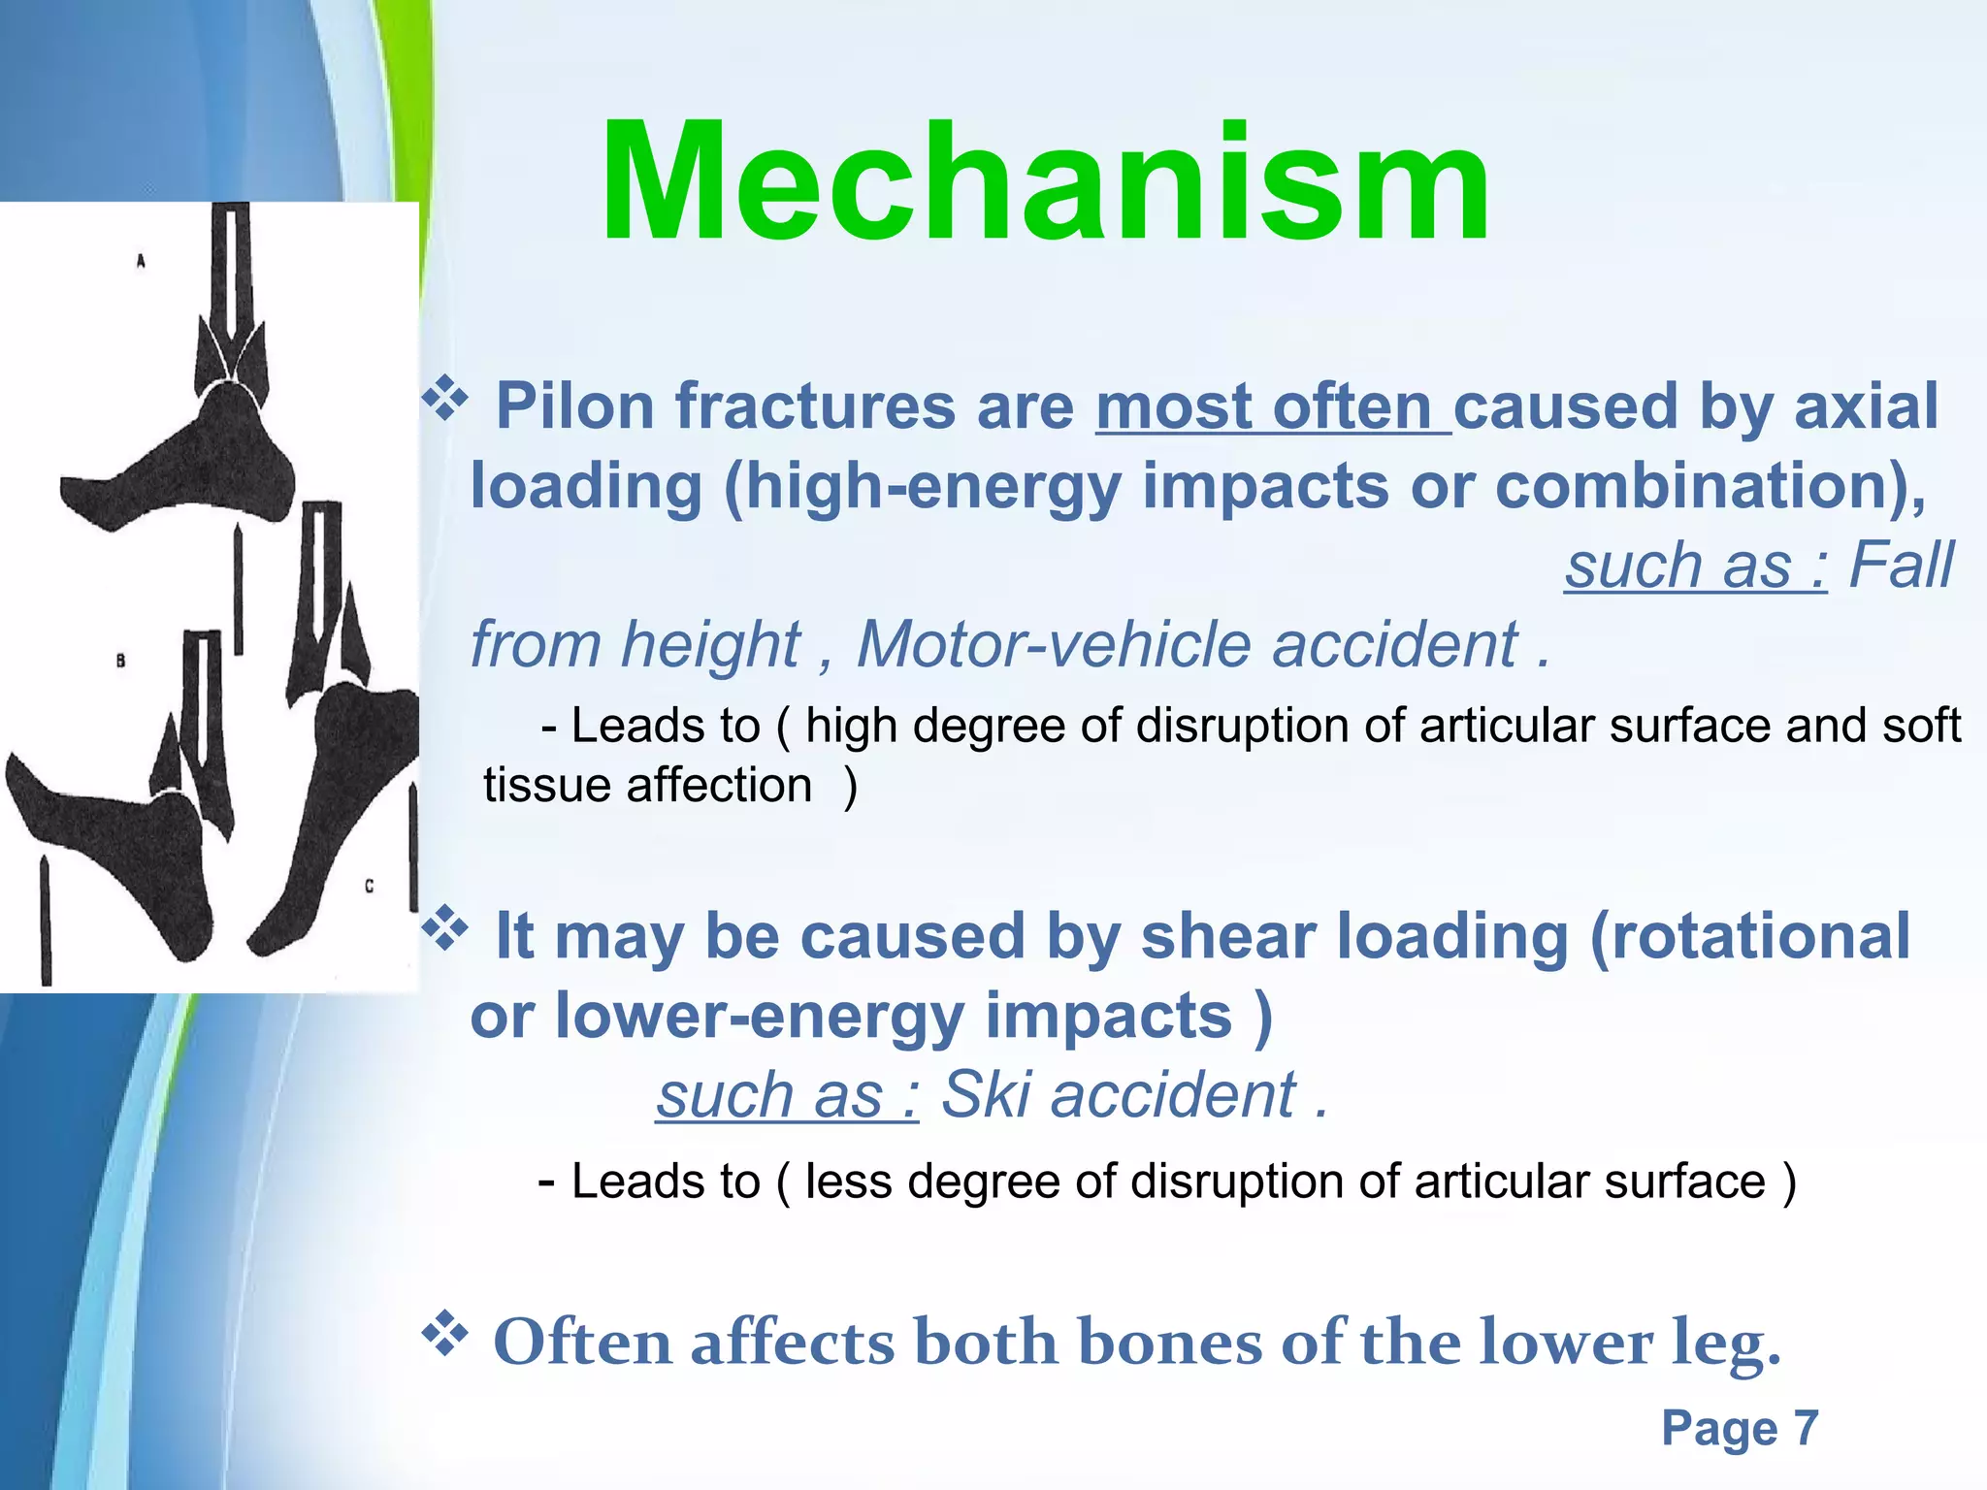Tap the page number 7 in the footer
[1805, 1428]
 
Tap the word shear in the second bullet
[1227, 936]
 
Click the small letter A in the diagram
[141, 261]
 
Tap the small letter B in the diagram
[120, 661]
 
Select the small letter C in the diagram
[369, 886]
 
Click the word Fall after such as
[1901, 565]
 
